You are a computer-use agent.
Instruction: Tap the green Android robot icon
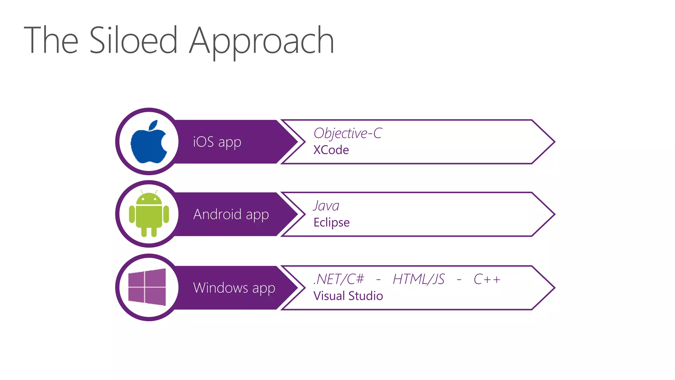click(149, 214)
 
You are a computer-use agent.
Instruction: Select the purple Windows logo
click(147, 287)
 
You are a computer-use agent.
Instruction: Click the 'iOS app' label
click(217, 142)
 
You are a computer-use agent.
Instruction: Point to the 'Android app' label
click(231, 214)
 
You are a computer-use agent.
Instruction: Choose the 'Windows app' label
click(234, 288)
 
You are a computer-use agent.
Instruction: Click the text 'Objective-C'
click(348, 133)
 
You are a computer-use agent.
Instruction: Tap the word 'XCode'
click(331, 150)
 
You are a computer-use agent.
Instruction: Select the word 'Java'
click(326, 206)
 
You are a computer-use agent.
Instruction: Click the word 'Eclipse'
click(331, 223)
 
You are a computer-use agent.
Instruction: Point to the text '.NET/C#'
click(339, 279)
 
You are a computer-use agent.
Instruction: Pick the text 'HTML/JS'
click(419, 279)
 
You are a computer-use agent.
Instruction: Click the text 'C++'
click(487, 279)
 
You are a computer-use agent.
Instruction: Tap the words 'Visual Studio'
click(348, 296)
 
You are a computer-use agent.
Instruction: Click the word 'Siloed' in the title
click(133, 40)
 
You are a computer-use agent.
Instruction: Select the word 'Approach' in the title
click(261, 41)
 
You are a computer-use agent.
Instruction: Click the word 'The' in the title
click(51, 40)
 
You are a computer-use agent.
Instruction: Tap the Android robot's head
click(149, 199)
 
